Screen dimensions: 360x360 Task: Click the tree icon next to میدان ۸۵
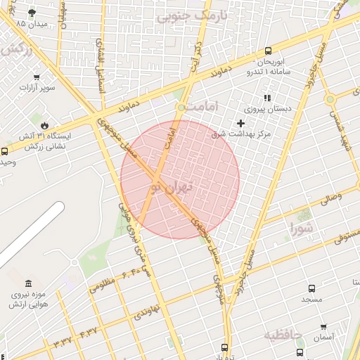point(32,13)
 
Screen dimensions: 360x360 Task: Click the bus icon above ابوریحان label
point(268,51)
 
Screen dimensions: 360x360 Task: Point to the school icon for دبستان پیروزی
point(266,98)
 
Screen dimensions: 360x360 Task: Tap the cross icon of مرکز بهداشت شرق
point(240,123)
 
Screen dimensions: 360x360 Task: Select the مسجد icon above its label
point(312,288)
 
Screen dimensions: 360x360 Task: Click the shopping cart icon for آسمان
point(323,327)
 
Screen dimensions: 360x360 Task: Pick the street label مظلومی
point(101,285)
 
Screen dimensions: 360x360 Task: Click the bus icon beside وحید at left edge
point(5,151)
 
